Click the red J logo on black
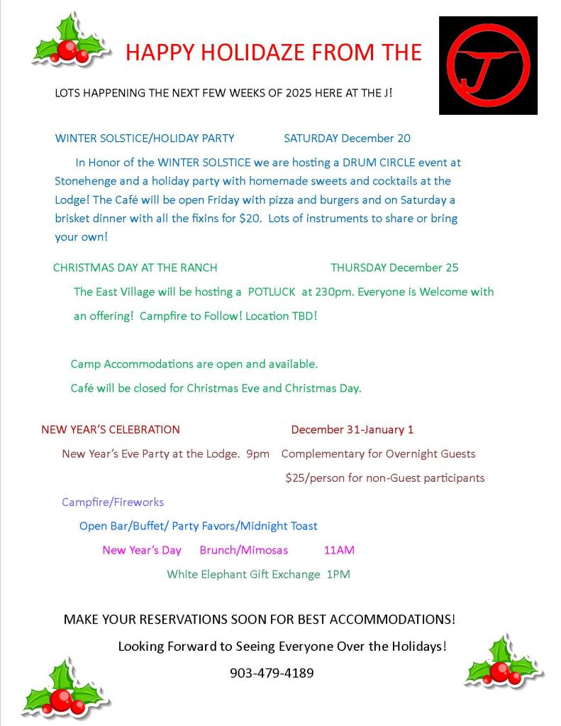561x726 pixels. click(488, 65)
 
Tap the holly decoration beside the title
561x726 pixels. click(70, 41)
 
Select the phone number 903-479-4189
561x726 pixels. click(272, 673)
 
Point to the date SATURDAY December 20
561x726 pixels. click(347, 138)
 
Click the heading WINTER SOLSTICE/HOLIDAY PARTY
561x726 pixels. click(145, 138)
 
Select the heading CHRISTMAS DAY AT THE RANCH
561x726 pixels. click(135, 268)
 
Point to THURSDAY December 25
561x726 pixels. click(394, 268)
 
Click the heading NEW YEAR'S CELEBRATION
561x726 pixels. click(111, 429)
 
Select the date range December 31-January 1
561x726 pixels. click(352, 429)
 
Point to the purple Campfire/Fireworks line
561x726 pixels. click(113, 502)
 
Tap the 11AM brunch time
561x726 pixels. click(339, 550)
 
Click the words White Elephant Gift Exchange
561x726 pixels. click(243, 574)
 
